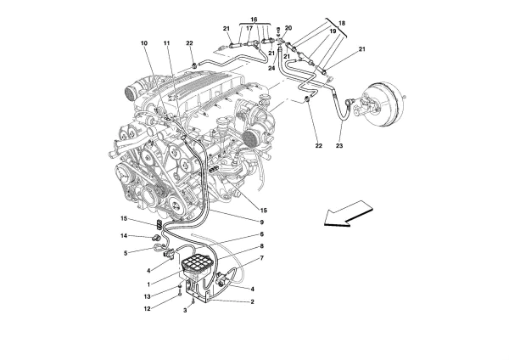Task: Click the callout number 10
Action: [144, 42]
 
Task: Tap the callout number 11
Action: [167, 42]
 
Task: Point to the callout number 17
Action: [249, 29]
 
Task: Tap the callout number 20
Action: [288, 28]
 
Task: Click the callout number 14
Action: [122, 235]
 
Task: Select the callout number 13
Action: [122, 295]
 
